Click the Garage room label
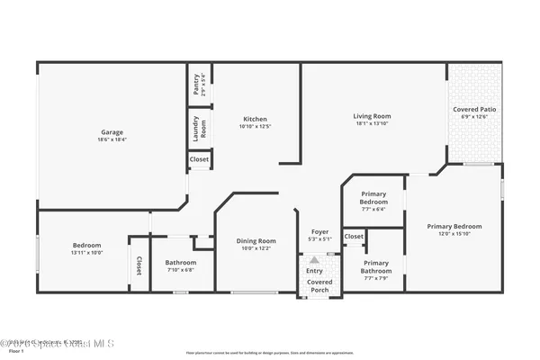[x=112, y=132]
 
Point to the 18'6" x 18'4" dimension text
[x=112, y=139]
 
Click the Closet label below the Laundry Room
[x=199, y=160]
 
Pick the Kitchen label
[x=256, y=119]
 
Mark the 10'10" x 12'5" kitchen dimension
[x=256, y=127]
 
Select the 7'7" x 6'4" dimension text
[x=373, y=209]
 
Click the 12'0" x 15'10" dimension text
[x=454, y=234]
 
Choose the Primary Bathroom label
[x=376, y=266]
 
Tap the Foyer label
[x=319, y=231]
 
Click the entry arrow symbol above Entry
[x=314, y=258]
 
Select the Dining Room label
[x=256, y=240]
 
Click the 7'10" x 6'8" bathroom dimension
[x=180, y=270]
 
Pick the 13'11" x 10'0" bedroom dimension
[x=87, y=253]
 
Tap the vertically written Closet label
[x=139, y=265]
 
